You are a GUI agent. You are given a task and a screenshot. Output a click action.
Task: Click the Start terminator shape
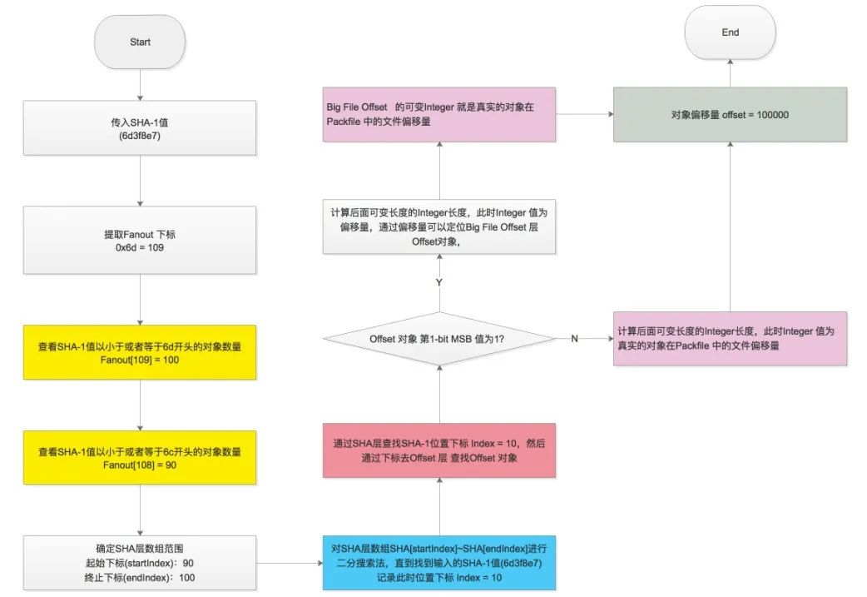point(140,41)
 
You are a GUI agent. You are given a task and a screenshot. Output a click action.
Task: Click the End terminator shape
point(731,33)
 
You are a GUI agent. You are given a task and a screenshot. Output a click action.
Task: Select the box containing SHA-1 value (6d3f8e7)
point(140,129)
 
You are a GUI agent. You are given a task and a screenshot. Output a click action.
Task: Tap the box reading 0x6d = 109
point(140,247)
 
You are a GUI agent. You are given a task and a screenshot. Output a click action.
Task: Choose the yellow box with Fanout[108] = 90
point(140,459)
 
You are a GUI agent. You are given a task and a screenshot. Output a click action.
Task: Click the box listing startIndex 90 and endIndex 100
point(140,563)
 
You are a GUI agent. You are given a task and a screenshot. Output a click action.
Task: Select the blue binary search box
point(438,563)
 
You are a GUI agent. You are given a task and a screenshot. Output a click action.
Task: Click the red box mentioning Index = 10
point(438,450)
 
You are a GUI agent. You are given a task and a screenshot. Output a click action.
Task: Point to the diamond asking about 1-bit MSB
point(438,339)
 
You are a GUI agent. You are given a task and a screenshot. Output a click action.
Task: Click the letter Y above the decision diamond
point(438,283)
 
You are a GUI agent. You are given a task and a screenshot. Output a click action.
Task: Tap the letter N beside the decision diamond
point(574,339)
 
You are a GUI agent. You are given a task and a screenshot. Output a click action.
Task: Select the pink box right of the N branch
point(730,338)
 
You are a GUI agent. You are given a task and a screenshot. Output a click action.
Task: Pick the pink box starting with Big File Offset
point(438,115)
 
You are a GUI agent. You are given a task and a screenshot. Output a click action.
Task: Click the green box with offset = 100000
point(730,115)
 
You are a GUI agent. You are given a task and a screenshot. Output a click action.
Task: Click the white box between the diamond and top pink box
point(438,226)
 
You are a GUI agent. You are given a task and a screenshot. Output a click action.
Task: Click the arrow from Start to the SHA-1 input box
point(140,83)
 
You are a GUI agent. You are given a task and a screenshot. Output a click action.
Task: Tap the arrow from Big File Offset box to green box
point(584,115)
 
